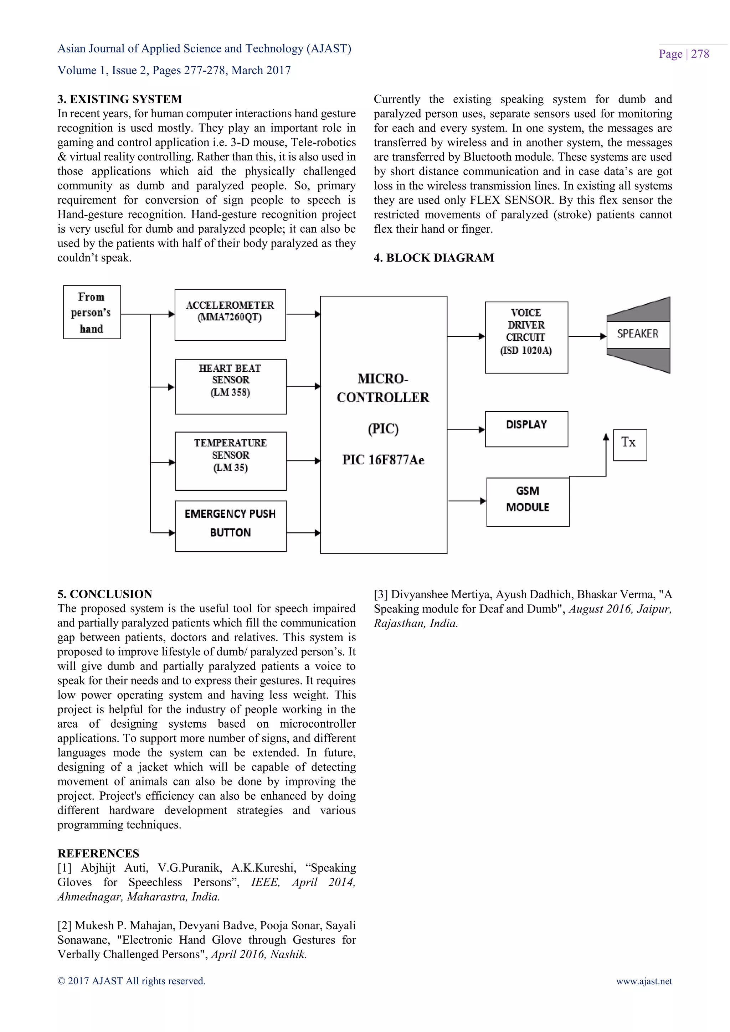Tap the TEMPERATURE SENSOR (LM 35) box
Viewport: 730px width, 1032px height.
click(231, 461)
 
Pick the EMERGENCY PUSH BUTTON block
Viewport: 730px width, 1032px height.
click(231, 526)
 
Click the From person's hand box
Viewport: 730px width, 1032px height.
click(92, 312)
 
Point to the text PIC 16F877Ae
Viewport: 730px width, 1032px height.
click(383, 460)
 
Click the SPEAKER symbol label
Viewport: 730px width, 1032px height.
click(637, 334)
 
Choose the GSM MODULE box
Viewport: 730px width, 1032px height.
click(528, 502)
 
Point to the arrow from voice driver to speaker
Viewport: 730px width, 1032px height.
click(587, 336)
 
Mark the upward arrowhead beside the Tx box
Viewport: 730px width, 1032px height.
click(606, 437)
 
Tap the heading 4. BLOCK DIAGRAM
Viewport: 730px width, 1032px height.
click(434, 258)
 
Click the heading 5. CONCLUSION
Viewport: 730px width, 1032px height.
click(105, 594)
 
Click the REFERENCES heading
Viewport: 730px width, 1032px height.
click(98, 853)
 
